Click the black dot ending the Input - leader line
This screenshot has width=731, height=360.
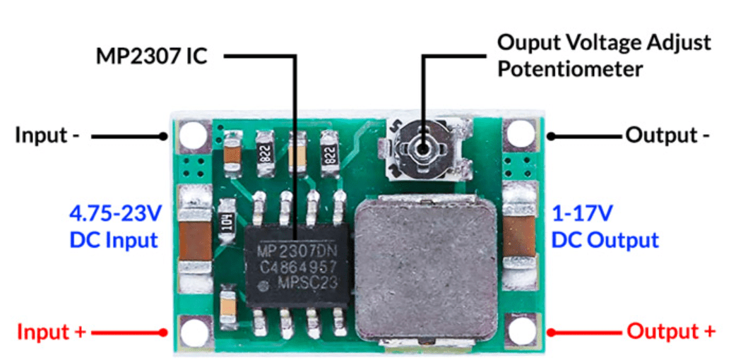click(x=162, y=136)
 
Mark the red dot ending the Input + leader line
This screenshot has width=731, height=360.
click(x=162, y=332)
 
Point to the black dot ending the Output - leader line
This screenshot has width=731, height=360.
click(x=551, y=136)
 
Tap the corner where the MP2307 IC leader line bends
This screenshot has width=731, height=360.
click(x=295, y=56)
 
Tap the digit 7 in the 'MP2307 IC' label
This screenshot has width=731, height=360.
click(x=171, y=56)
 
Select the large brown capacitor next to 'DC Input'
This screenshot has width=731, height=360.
click(x=195, y=241)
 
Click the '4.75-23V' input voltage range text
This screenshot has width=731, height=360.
click(x=115, y=214)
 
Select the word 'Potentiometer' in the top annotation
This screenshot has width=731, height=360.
click(x=570, y=70)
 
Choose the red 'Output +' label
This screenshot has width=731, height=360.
click(x=671, y=332)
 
